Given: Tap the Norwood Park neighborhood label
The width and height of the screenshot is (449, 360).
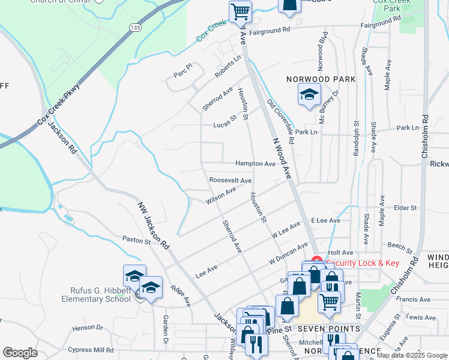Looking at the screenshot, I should pyautogui.click(x=321, y=79).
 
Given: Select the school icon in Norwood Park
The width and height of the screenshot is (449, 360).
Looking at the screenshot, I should pyautogui.click(x=309, y=94).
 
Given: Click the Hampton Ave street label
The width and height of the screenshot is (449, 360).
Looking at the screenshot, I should pyautogui.click(x=255, y=164).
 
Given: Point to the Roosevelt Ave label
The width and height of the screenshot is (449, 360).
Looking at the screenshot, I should pyautogui.click(x=230, y=180).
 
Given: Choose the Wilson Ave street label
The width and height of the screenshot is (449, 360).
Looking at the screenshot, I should pyautogui.click(x=220, y=196).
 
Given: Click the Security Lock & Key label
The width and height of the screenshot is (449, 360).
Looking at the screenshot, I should pyautogui.click(x=362, y=263).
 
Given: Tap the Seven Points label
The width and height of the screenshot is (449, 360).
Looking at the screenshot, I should pyautogui.click(x=332, y=329).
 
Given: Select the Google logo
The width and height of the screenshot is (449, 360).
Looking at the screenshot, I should pyautogui.click(x=20, y=353).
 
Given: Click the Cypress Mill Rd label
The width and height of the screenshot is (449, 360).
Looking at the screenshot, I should pyautogui.click(x=91, y=350).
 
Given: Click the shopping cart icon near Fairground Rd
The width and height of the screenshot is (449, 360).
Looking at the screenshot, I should pyautogui.click(x=240, y=11).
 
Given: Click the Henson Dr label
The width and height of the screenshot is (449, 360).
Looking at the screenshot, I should pyautogui.click(x=88, y=328).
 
